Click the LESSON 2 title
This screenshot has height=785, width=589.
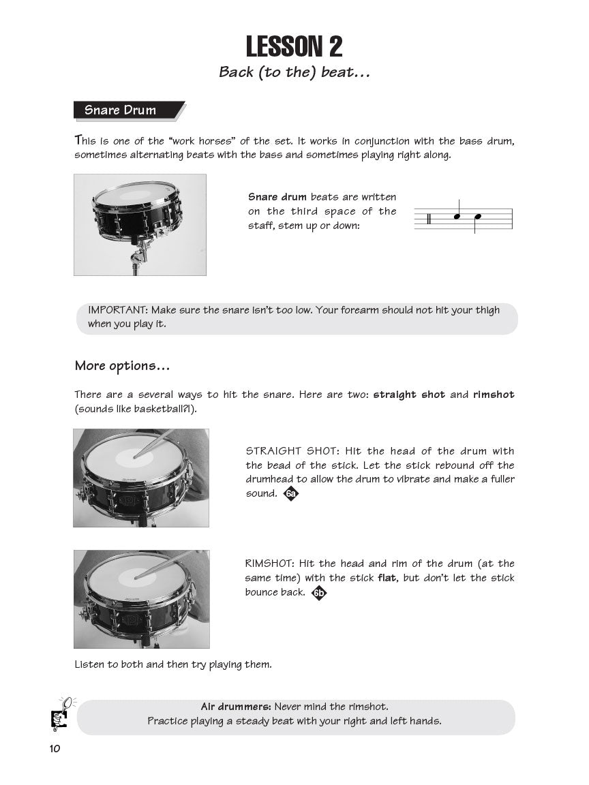coord(294,48)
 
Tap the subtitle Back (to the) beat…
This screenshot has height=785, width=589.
coord(294,72)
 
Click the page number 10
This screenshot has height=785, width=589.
coord(55,749)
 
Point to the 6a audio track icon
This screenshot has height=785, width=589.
coord(290,494)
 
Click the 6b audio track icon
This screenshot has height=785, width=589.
coord(318,593)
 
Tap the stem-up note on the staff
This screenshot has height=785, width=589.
coord(459,216)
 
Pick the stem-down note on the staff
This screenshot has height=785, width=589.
coord(478,217)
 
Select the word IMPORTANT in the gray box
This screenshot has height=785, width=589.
coord(117,310)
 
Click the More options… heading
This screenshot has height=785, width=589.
coord(122,366)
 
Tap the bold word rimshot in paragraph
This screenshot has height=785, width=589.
coord(494,395)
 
